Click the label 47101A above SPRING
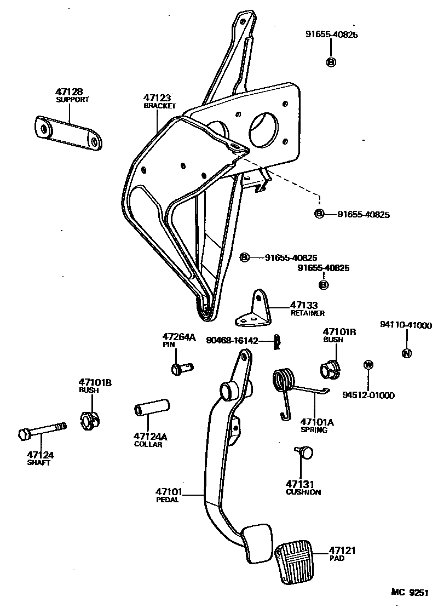click(317, 422)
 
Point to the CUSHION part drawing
click(305, 452)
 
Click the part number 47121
click(342, 550)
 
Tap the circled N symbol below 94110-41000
click(406, 353)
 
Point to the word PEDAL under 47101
click(168, 500)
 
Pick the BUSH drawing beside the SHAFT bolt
click(90, 421)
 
